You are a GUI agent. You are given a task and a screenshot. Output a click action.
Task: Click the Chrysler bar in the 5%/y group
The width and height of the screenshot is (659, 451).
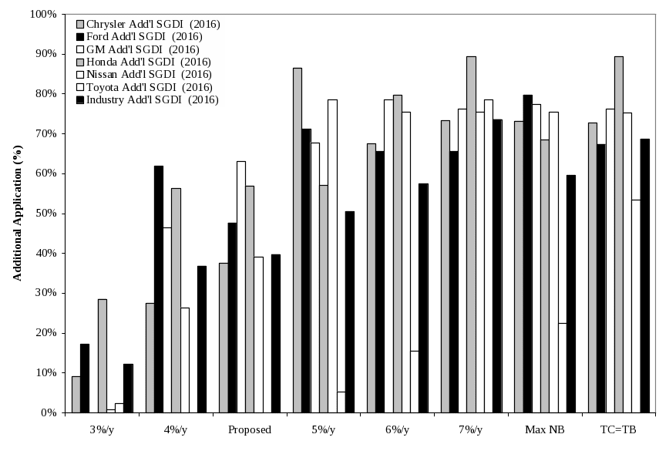click(x=298, y=240)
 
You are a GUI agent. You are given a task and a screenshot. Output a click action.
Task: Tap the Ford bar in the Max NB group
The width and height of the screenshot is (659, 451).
click(x=528, y=254)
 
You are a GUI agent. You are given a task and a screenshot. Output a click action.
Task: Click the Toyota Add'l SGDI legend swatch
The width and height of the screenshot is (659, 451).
click(x=79, y=87)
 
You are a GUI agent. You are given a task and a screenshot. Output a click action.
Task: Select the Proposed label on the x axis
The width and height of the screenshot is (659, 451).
click(x=249, y=429)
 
